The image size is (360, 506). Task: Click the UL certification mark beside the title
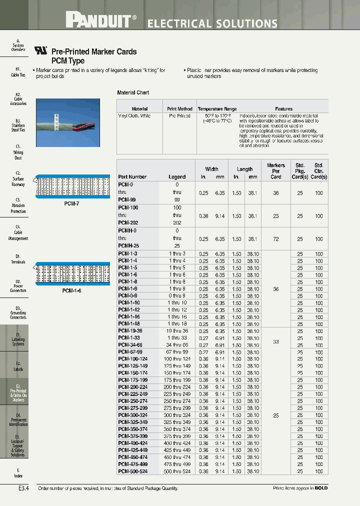point(40,50)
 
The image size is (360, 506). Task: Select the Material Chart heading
point(133,92)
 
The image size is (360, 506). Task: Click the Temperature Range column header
point(217,108)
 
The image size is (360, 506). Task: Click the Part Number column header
point(132,176)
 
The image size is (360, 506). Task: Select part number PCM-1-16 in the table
point(128,316)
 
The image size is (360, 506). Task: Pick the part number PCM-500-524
point(132,471)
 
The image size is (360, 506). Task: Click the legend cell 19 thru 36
point(176,330)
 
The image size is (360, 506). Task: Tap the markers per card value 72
point(276,239)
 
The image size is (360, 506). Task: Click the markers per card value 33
point(276,341)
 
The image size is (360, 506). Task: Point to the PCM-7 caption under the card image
point(71,204)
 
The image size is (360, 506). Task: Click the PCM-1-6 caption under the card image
point(71,290)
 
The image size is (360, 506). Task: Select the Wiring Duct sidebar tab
point(18,152)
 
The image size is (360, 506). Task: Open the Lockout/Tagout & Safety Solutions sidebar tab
point(18,445)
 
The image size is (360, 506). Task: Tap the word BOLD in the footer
point(321,488)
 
